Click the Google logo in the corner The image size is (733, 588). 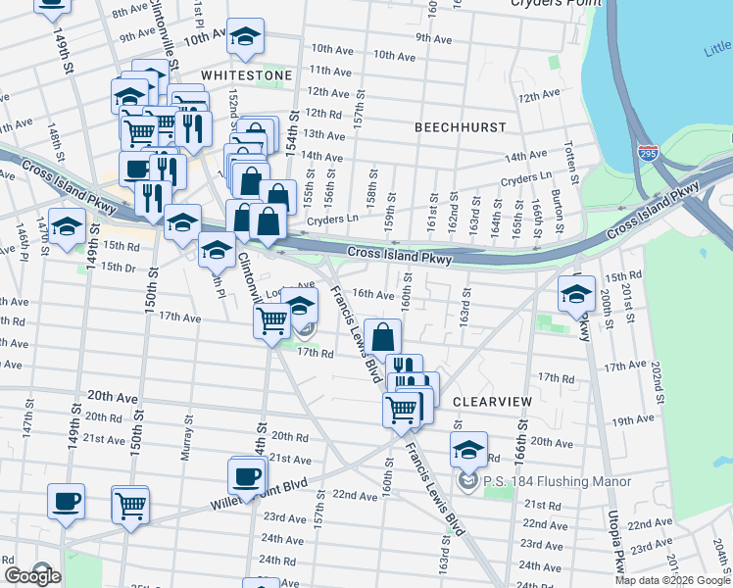pos(32,576)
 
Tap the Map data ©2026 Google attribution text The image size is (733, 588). pos(672,580)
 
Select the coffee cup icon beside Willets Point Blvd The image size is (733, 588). pos(246,476)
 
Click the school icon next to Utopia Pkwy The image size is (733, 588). pos(576,292)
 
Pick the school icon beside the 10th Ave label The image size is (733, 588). pos(244,39)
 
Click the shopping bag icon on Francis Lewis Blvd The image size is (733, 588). pos(383,336)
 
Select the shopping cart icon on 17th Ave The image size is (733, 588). pos(271,318)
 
